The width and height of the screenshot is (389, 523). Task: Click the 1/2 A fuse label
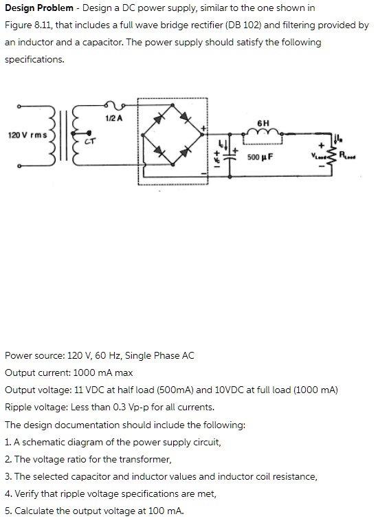[x=114, y=118]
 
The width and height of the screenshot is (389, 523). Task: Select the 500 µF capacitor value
[x=260, y=157]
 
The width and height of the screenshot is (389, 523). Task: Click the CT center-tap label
[x=88, y=143]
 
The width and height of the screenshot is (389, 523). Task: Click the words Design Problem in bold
[x=39, y=8]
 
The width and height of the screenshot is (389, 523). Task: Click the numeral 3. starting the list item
[x=8, y=476]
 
